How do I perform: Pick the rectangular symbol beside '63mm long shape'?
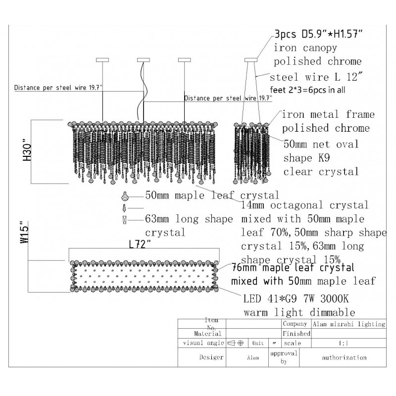pyautogui.click(x=124, y=219)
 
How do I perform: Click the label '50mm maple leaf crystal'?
pyautogui.click(x=212, y=195)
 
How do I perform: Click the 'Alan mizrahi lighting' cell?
pyautogui.click(x=348, y=324)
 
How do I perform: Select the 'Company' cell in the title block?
pyautogui.click(x=296, y=324)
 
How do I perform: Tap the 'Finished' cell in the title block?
pyautogui.click(x=296, y=334)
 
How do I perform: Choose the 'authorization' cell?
pyautogui.click(x=344, y=357)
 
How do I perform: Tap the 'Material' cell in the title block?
pyautogui.click(x=201, y=334)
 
